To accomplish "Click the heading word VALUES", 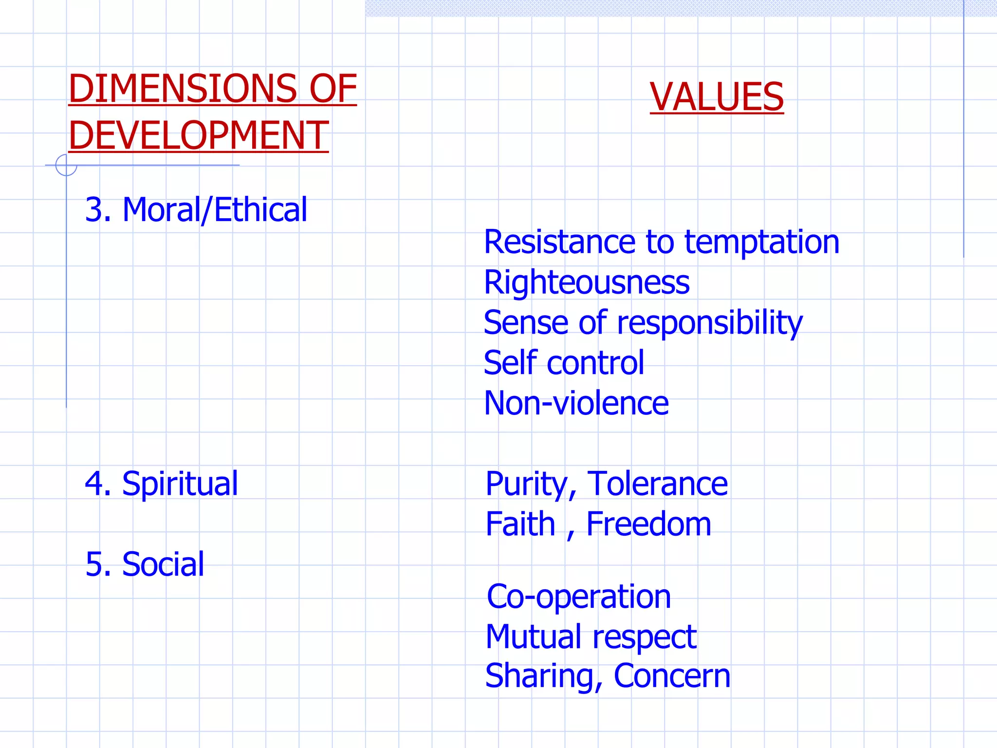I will point(717,97).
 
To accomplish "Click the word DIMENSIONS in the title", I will point(182,89).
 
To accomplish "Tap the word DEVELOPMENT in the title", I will point(199,135).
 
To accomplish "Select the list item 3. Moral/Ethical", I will point(196,210).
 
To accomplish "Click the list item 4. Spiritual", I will point(161,484).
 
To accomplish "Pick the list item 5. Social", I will point(145,564).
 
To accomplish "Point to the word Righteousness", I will point(587,282).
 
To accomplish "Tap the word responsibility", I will point(709,323).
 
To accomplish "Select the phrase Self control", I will point(564,363).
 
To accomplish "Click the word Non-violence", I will point(576,403).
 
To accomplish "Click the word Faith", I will point(520,524).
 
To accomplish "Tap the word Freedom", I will point(648,524).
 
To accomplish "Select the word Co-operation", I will point(579,597).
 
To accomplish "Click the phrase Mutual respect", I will point(591,637).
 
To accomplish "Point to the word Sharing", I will point(540,676).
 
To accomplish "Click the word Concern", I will point(672,676).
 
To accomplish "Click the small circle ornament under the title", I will point(66,165).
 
